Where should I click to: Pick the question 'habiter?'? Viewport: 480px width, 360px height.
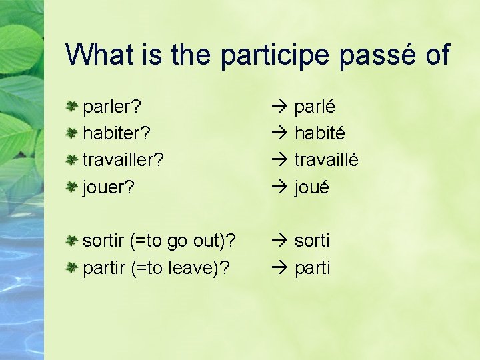pos(116,133)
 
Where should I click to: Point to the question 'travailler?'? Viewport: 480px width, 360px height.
pos(123,160)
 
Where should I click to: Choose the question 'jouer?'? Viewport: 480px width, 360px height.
pos(108,187)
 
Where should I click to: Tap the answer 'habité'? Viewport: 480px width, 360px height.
pos(320,133)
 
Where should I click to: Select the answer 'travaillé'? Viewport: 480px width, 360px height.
pos(327,160)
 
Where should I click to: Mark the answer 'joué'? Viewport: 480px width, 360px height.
pos(312,187)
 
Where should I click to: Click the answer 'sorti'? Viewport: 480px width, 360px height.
pos(312,241)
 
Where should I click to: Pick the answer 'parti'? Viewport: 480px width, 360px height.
pos(312,268)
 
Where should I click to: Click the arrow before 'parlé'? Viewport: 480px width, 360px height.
pos(279,107)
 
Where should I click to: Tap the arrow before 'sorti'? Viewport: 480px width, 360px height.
pos(279,240)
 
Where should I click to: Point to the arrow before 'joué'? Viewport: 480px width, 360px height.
pos(279,187)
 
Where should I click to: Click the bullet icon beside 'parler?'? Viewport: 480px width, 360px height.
pos(73,106)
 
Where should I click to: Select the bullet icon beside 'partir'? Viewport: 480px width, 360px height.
pos(73,267)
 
